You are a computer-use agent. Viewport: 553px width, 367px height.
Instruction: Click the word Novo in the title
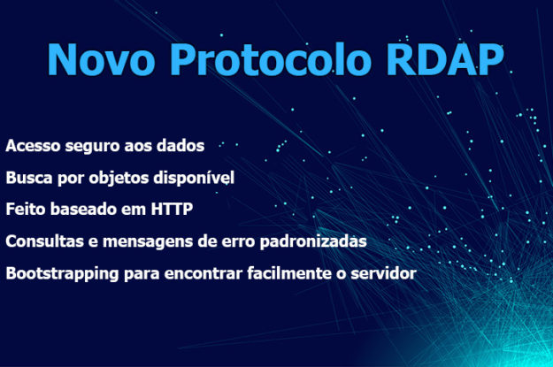pyautogui.click(x=101, y=59)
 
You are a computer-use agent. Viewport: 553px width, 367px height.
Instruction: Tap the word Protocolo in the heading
pyautogui.click(x=271, y=59)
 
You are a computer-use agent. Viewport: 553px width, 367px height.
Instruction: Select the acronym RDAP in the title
pyautogui.click(x=445, y=59)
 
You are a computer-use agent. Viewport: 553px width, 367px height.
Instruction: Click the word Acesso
pyautogui.click(x=33, y=146)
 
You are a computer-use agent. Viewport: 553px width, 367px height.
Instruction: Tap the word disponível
pyautogui.click(x=194, y=179)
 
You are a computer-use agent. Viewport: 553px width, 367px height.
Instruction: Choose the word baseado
pyautogui.click(x=83, y=209)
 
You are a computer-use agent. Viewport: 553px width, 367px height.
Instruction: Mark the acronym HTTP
pyautogui.click(x=172, y=209)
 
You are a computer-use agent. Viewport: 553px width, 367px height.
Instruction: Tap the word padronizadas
pyautogui.click(x=313, y=242)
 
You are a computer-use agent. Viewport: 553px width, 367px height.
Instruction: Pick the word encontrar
pyautogui.click(x=204, y=274)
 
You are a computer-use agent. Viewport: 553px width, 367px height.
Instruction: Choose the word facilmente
pyautogui.click(x=289, y=273)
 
